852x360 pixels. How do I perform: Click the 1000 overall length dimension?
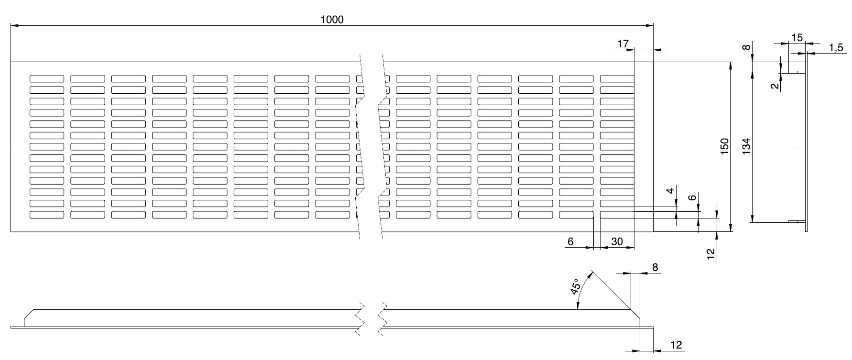[x=332, y=19]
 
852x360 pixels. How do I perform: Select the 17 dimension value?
[x=623, y=44]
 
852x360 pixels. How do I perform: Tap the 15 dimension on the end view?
[x=797, y=37]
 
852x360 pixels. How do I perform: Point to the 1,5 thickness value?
[x=835, y=47]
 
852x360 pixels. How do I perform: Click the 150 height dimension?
[x=724, y=146]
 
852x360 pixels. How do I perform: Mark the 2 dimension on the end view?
[x=775, y=86]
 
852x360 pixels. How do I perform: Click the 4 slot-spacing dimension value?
[x=671, y=191]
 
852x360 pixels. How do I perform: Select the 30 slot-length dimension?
[x=617, y=242]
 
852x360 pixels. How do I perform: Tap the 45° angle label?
[x=575, y=286]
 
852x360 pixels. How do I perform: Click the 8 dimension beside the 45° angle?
[x=655, y=267]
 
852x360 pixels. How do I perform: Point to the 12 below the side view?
[x=676, y=345]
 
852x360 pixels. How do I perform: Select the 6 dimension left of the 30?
[x=570, y=242]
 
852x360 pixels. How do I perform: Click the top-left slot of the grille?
[x=47, y=78]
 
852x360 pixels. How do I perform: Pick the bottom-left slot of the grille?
[x=47, y=215]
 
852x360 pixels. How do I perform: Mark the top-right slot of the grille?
[x=617, y=78]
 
